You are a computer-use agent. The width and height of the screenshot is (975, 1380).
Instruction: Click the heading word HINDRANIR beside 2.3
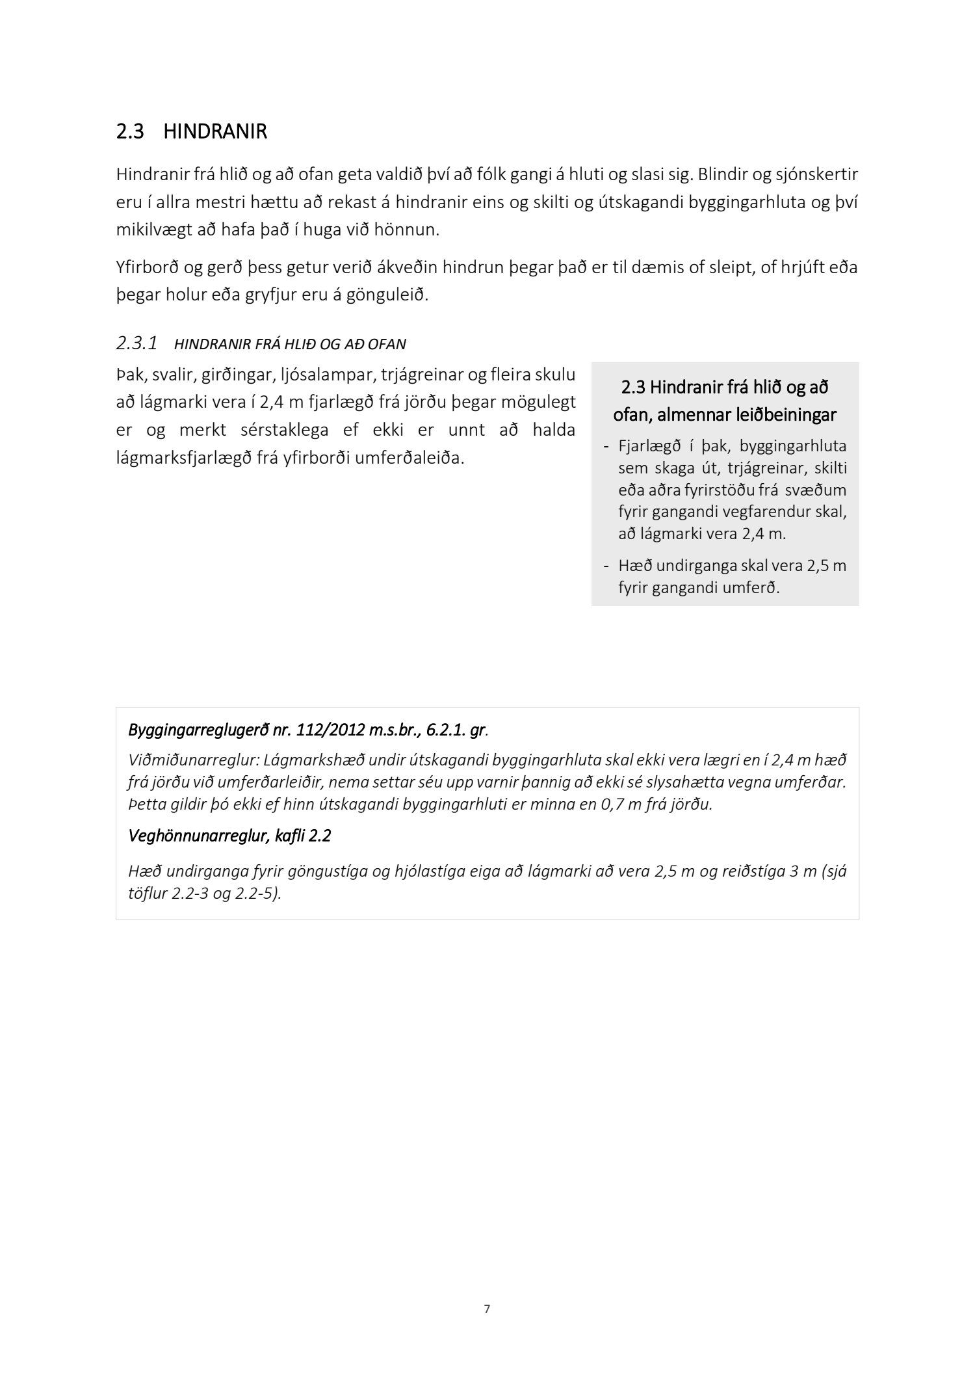pyautogui.click(x=214, y=131)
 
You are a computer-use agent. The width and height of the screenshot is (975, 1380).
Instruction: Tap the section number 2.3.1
pyautogui.click(x=136, y=343)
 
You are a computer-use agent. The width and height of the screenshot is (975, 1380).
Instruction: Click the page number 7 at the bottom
pyautogui.click(x=487, y=1309)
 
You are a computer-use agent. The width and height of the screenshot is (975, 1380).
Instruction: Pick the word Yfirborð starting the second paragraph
pyautogui.click(x=146, y=267)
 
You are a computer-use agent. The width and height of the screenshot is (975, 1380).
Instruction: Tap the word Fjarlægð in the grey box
pyautogui.click(x=646, y=446)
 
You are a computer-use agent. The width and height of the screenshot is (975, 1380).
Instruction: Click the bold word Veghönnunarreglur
pyautogui.click(x=197, y=836)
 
